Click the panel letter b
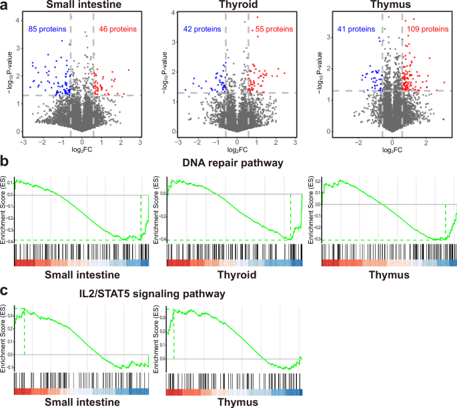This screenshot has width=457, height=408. pyautogui.click(x=6, y=160)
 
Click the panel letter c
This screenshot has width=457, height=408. pyautogui.click(x=6, y=291)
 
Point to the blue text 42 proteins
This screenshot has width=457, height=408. pyautogui.click(x=204, y=29)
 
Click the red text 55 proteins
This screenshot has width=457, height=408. pyautogui.click(x=271, y=29)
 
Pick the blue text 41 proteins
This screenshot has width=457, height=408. pyautogui.click(x=357, y=29)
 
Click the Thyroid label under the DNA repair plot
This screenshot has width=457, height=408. pyautogui.click(x=232, y=275)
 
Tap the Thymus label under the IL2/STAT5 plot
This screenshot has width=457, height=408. pyautogui.click(x=232, y=403)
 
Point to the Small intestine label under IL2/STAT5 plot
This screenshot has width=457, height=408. pyautogui.click(x=77, y=403)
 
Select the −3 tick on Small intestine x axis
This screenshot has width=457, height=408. pyautogui.click(x=24, y=143)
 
